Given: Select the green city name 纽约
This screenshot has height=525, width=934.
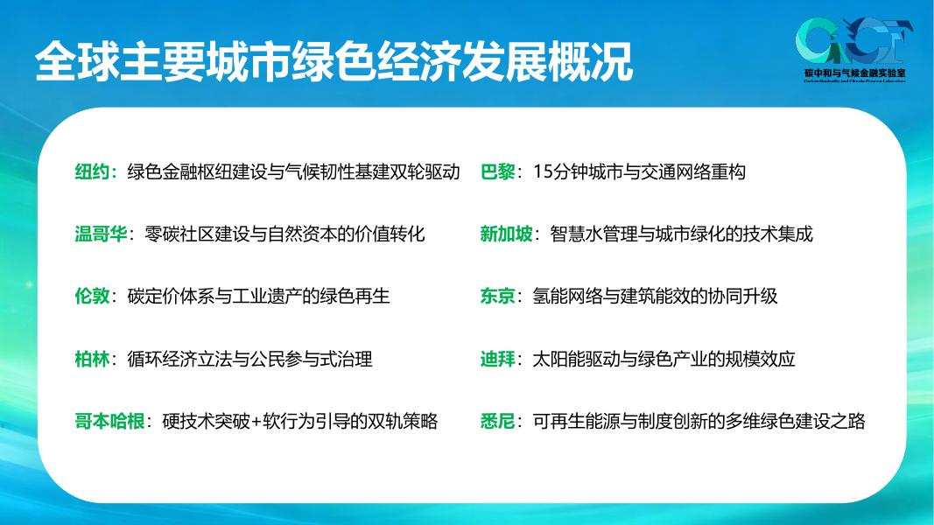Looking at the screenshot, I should click(x=91, y=171).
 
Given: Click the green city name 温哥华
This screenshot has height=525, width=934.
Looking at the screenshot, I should click(x=100, y=234).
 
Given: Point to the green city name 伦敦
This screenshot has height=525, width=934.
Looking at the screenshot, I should click(x=91, y=296).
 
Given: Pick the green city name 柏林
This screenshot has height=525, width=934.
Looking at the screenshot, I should click(x=91, y=359).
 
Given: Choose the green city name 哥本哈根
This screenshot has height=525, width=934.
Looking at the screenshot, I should click(x=109, y=422).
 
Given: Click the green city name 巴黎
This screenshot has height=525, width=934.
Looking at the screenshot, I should click(x=497, y=171).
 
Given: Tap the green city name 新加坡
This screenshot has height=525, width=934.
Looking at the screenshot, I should click(x=506, y=234).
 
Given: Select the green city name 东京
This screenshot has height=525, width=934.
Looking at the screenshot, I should click(x=497, y=296).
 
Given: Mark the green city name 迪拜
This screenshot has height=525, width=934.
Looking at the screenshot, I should click(x=497, y=359).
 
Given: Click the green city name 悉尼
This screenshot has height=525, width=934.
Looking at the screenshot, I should click(x=497, y=422).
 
